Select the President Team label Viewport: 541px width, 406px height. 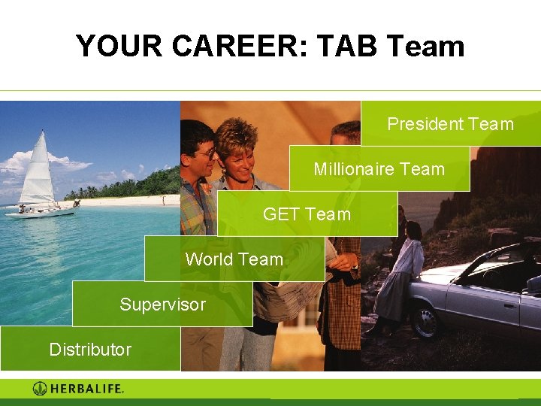[450, 124]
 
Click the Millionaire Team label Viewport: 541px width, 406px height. [379, 169]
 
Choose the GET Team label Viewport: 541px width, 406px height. [307, 214]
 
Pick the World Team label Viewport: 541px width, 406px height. [234, 259]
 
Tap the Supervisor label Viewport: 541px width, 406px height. [162, 304]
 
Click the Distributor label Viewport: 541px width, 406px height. [90, 350]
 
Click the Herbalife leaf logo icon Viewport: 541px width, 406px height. [40, 389]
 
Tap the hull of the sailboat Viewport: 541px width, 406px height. [41, 212]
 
